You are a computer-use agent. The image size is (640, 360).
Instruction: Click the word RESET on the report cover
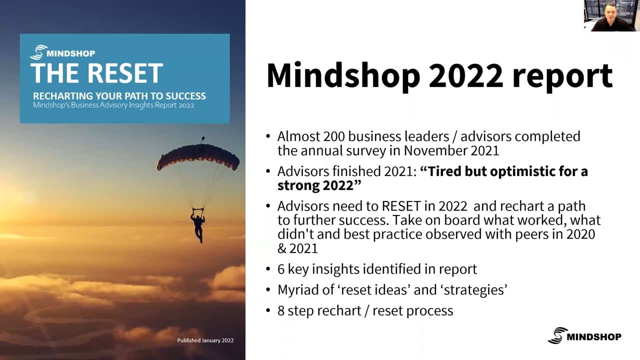125,73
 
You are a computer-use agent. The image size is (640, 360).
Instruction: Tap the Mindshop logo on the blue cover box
62,52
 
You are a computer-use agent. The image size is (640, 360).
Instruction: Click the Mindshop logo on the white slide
584,335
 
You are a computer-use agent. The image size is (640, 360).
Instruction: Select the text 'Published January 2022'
205,340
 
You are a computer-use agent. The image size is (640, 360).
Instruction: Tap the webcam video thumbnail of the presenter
611,15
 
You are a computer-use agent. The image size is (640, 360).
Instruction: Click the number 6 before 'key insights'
281,269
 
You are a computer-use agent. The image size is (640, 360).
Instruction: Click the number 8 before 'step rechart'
281,311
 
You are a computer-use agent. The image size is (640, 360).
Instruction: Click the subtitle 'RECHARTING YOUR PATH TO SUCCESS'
119,96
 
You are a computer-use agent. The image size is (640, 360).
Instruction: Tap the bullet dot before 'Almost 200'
268,136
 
